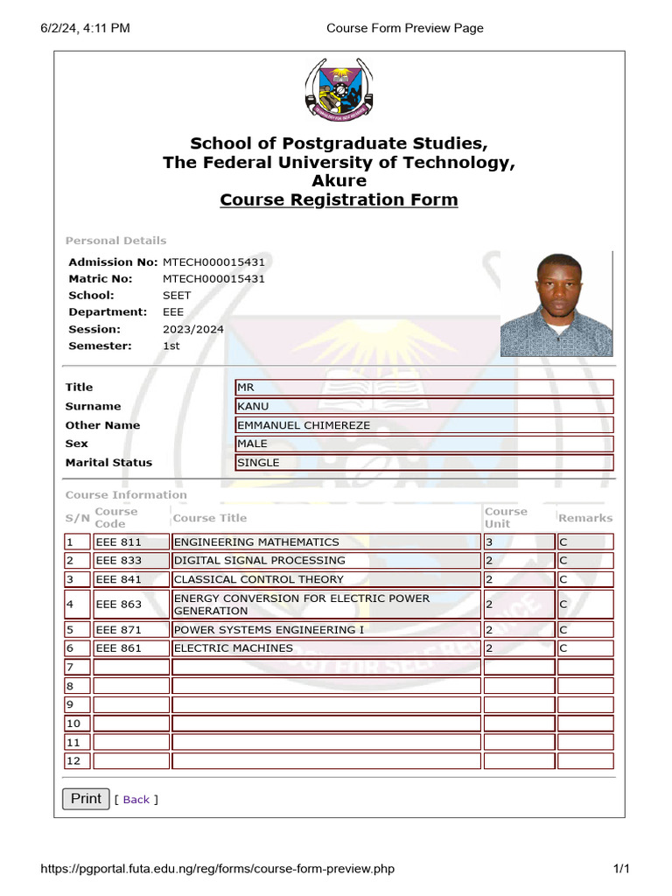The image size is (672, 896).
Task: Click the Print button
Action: [86, 798]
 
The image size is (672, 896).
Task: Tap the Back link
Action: [136, 800]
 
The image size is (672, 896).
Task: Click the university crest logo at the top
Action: [339, 90]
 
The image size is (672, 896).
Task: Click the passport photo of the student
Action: [556, 304]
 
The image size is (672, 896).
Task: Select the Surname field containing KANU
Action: [424, 406]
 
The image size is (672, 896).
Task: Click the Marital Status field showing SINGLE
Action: [424, 463]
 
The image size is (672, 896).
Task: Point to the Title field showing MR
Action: [424, 387]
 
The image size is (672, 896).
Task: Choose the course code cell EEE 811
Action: [131, 542]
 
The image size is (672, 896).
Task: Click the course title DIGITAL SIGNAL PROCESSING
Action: [325, 560]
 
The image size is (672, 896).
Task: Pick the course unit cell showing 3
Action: [519, 542]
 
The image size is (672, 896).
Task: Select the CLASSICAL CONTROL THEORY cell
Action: [325, 579]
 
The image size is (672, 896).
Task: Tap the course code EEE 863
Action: [131, 605]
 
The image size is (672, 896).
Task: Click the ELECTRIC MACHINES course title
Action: [325, 648]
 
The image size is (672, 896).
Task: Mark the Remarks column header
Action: [585, 518]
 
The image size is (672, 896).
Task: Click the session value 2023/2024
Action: [193, 329]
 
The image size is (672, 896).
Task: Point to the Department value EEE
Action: [173, 311]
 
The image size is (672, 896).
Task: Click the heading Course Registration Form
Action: [339, 199]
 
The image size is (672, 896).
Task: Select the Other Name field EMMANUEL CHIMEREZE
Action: [424, 425]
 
